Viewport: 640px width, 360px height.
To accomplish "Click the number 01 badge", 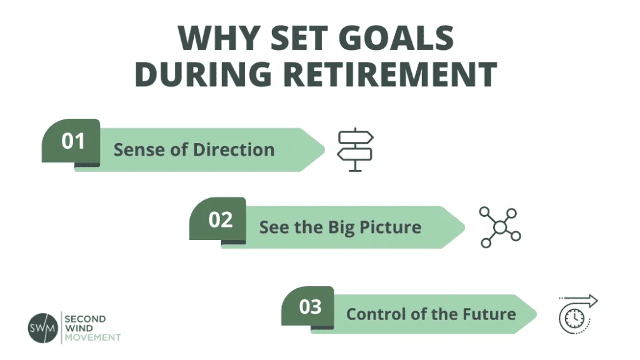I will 72,141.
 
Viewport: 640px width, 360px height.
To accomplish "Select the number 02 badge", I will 220,219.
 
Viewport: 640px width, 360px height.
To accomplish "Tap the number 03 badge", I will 310,307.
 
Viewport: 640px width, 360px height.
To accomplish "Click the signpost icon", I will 355,149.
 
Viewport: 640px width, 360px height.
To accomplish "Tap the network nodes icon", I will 500,227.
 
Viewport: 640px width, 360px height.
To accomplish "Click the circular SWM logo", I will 42,327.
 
